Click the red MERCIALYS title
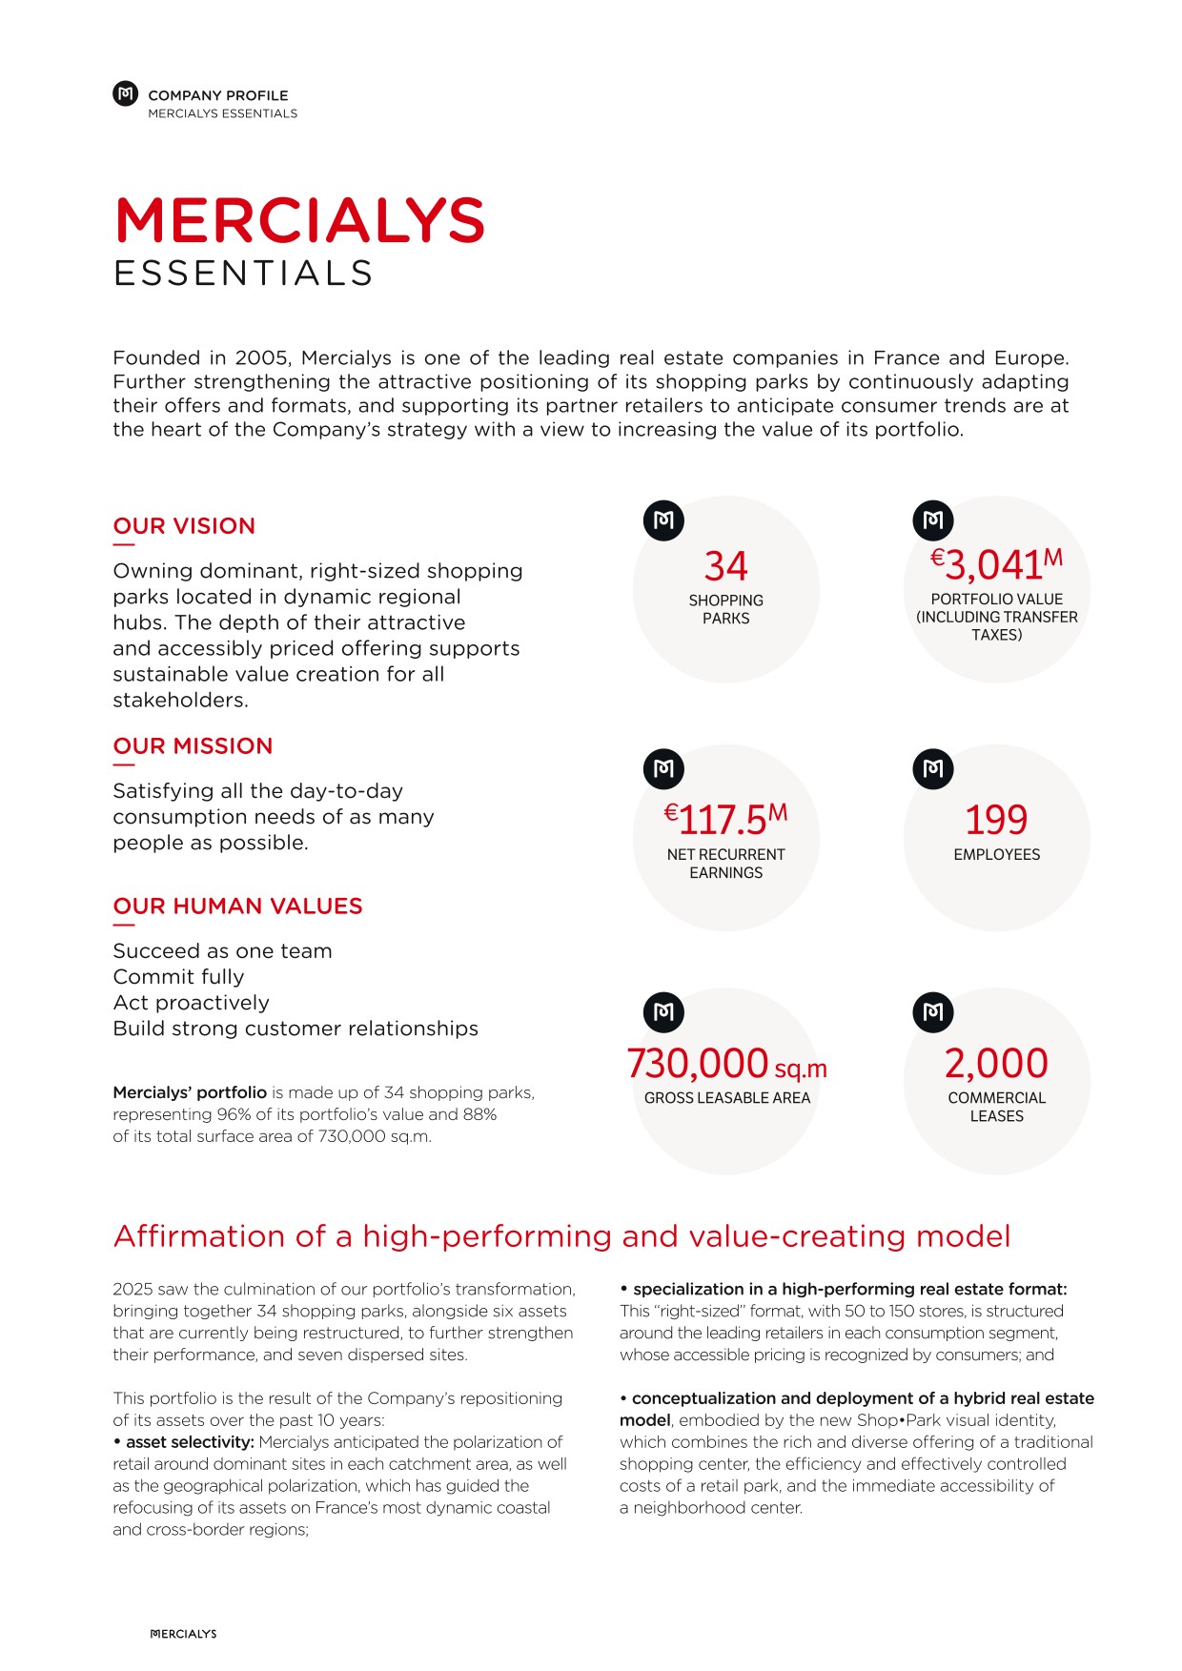point(299,221)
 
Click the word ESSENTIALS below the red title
point(243,275)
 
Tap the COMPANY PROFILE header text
point(217,95)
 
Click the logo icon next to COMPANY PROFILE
point(126,93)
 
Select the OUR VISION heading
point(184,526)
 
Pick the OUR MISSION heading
point(193,746)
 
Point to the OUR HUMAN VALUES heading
point(237,907)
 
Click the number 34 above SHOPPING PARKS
point(725,566)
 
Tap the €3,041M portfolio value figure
point(996,564)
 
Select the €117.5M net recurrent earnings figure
point(725,818)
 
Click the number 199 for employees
point(996,820)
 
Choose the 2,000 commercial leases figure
point(996,1063)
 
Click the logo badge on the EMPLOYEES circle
point(933,769)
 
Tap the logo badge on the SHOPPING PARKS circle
point(664,520)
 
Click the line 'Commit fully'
point(178,977)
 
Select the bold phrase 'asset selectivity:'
point(190,1442)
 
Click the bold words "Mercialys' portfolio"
point(190,1092)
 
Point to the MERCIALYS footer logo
point(184,1634)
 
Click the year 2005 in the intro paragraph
point(262,358)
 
